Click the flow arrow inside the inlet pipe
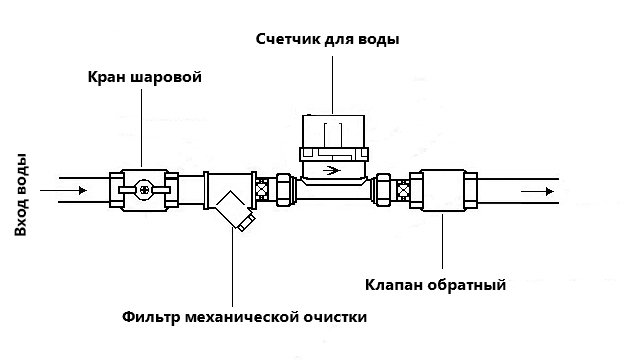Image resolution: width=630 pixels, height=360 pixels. (74, 188)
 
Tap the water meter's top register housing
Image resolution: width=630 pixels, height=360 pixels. (332, 130)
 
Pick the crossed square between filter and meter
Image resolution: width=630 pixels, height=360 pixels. (263, 189)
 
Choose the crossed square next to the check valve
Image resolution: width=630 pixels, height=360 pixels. (402, 189)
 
